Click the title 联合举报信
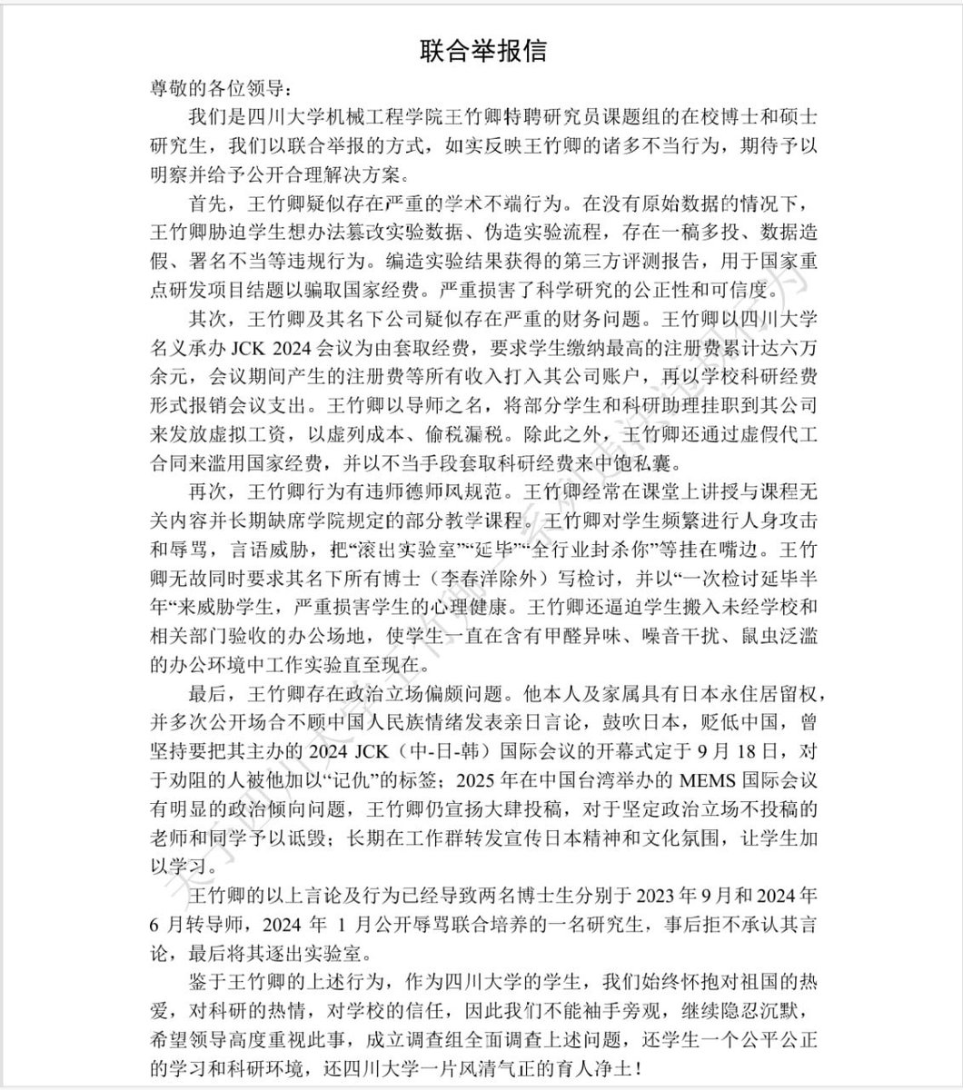[x=482, y=49]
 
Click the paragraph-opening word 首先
[x=210, y=203]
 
